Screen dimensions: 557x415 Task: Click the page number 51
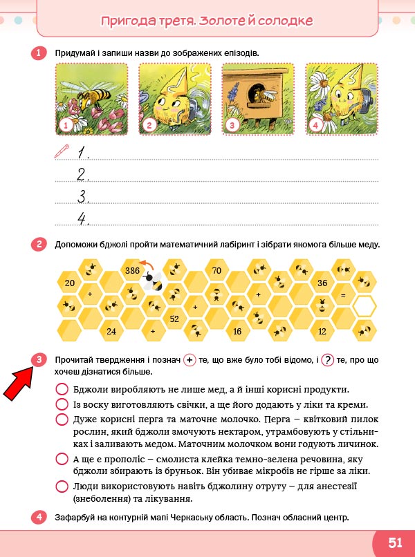click(395, 542)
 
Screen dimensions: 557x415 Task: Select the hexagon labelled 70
click(216, 270)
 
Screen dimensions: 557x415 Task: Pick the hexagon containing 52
click(174, 319)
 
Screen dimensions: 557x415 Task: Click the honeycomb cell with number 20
click(69, 283)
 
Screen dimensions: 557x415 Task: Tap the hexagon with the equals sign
click(343, 294)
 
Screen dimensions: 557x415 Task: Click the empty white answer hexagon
click(364, 306)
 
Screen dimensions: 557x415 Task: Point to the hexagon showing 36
click(322, 283)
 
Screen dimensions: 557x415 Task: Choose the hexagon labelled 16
click(237, 331)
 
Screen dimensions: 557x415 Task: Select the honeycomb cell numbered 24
click(111, 331)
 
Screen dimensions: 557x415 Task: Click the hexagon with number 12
click(322, 331)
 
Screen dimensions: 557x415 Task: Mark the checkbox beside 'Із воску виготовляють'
click(62, 404)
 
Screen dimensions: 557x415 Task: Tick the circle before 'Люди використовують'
click(62, 487)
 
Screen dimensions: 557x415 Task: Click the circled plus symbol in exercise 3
click(190, 360)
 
